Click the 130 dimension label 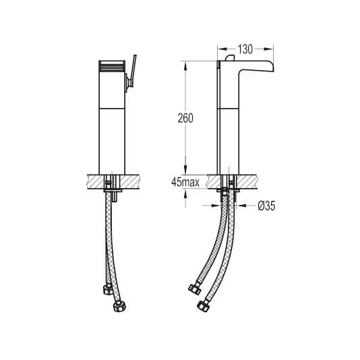[245, 49]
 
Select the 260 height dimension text [186, 119]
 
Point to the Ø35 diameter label [266, 207]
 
